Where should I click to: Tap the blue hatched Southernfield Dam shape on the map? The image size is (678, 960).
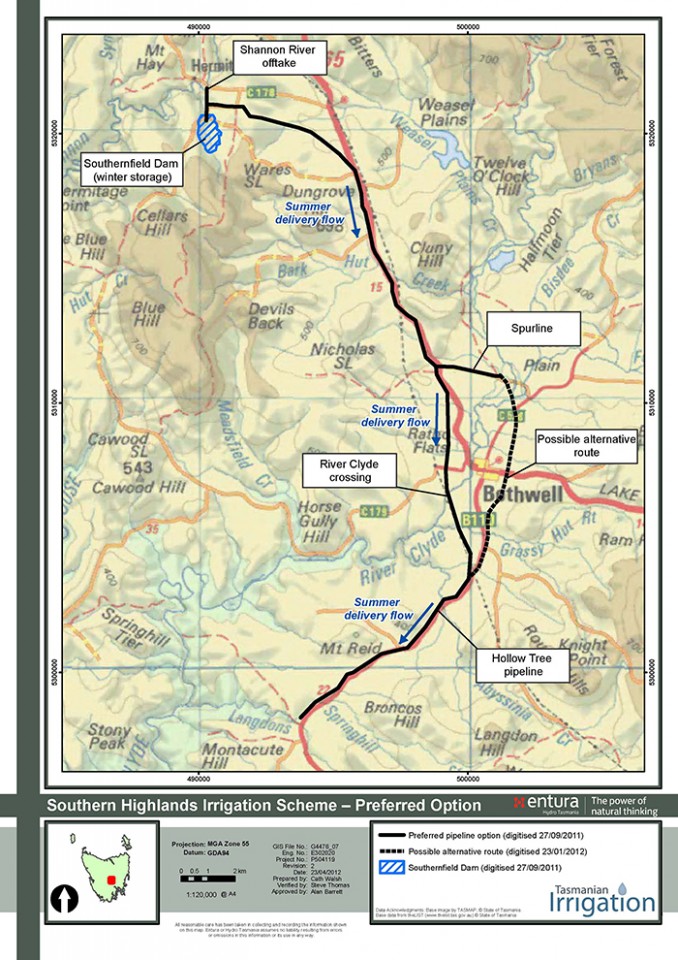point(209,132)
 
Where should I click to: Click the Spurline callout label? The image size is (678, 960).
point(531,327)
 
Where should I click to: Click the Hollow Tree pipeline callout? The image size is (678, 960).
point(528,665)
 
